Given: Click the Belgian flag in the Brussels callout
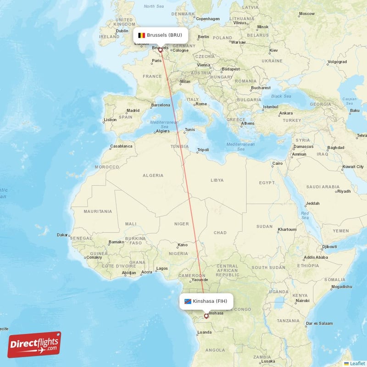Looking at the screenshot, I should tap(142, 35).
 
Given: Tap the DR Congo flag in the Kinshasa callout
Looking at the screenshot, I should tap(188, 301).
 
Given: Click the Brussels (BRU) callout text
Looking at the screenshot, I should tap(164, 35).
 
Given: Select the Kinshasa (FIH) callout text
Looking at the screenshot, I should tap(210, 301).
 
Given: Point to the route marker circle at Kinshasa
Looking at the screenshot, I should tap(206, 316).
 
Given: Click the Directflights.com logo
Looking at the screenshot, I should tap(34, 345).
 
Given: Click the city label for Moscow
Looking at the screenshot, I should tap(306, 14).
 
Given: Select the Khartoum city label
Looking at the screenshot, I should tap(287, 229).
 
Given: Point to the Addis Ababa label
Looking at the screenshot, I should tap(316, 257).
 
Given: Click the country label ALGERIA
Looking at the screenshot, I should tap(153, 175).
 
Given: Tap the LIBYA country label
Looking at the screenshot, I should tap(217, 180).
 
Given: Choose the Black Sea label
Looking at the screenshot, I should tap(281, 96).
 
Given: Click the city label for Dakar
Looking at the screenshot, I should tap(62, 235).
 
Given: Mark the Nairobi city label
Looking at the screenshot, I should tap(302, 301).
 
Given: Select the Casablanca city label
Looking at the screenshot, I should tap(121, 146).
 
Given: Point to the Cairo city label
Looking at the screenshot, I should tap(278, 163).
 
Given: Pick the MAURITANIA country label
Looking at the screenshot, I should tap(98, 211).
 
